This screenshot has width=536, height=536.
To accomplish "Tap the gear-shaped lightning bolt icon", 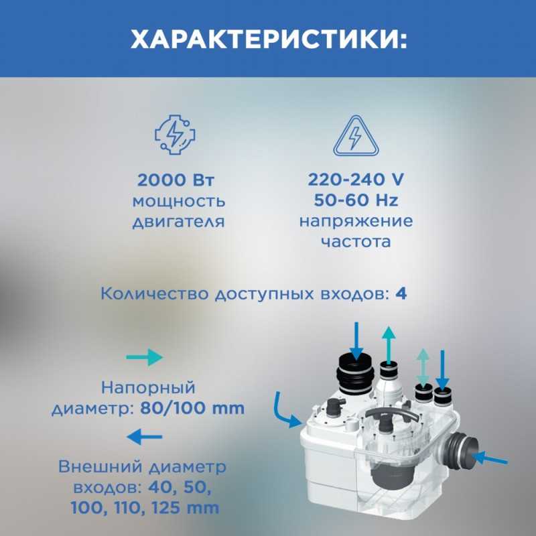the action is point(175,135).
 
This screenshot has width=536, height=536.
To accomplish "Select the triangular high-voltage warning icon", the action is point(356,136).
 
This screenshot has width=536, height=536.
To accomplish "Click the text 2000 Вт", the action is point(176,180).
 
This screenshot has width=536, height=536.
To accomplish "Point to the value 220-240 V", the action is point(356,180).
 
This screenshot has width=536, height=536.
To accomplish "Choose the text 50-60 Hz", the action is point(356,200).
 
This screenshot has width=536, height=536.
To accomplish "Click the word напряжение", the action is point(356,222).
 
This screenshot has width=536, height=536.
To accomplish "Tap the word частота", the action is point(356,242).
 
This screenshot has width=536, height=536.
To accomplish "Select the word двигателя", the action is point(178,222).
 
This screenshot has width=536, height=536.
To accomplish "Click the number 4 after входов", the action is point(401,293).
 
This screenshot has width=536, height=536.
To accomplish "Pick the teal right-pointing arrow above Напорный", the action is point(144,358).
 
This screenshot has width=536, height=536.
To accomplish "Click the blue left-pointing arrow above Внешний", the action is point(144,437).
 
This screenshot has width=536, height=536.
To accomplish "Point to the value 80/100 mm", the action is point(192,408).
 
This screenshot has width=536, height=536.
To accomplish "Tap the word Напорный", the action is point(148,388).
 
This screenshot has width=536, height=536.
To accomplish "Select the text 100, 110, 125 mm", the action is point(145,508).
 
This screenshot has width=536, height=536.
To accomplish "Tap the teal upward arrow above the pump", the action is point(389,345).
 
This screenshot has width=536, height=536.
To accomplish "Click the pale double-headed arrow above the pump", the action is point(423,366).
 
